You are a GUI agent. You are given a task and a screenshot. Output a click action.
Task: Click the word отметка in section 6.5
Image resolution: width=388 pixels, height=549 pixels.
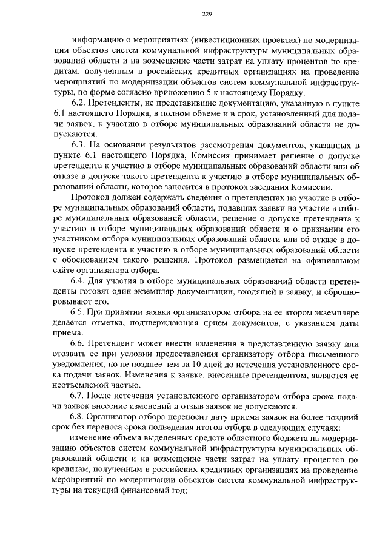click(x=112, y=322)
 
